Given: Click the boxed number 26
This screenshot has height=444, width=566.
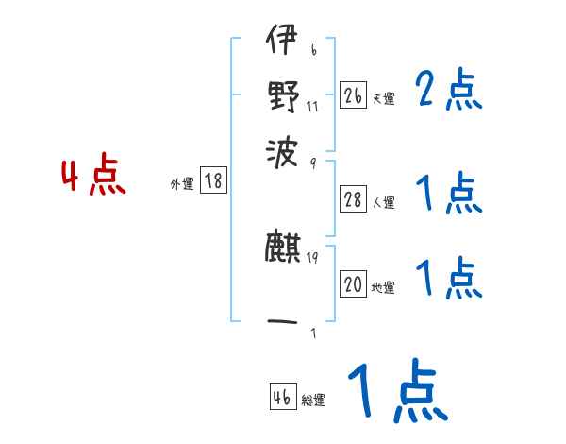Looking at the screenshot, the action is coord(353,95).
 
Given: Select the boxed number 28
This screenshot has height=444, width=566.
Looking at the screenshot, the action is coord(353,199).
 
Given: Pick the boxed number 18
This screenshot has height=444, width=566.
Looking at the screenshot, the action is coord(214,181).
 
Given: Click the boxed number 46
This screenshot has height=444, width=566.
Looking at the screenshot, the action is coord(282,398).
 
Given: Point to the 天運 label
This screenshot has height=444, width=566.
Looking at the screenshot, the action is coord(383,98).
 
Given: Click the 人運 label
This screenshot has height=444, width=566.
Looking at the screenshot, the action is coord(383,202).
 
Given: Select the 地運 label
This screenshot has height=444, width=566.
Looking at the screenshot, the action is coord(383,288).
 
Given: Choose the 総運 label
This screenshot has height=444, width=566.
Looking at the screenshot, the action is coord(313,401).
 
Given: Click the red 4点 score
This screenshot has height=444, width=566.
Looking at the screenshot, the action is coord(93,178).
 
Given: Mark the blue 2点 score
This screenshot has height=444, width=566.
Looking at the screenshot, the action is coord(448,92).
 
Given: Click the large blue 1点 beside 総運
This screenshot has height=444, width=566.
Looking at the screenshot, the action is coord(396,392).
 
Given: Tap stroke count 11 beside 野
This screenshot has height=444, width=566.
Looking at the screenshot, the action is coord(312,106).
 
